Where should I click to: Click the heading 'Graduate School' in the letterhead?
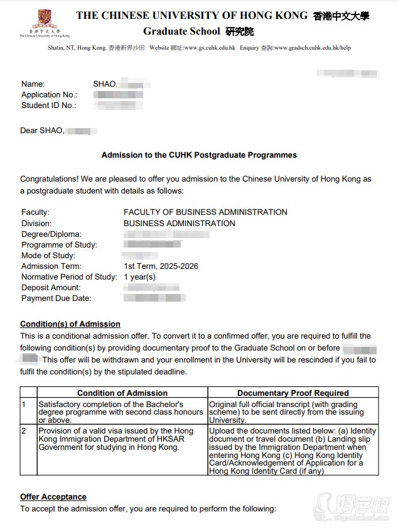(x=181, y=31)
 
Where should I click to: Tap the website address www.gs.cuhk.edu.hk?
(x=211, y=48)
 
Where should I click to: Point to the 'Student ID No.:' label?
(x=49, y=106)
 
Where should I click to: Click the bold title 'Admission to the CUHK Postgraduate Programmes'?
(x=199, y=155)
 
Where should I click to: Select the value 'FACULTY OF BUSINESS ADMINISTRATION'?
(x=205, y=212)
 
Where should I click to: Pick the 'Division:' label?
(x=36, y=223)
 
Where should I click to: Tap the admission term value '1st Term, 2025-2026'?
(x=161, y=266)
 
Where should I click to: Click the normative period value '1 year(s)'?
(x=139, y=277)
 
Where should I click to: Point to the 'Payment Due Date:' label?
(x=56, y=298)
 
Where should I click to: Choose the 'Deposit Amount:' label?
(x=51, y=288)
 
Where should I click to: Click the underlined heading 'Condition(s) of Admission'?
(x=70, y=324)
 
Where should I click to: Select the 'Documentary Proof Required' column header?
(x=293, y=393)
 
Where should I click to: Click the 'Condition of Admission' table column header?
(x=122, y=393)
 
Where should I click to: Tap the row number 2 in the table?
(x=24, y=431)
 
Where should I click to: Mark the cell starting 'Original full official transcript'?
(x=293, y=412)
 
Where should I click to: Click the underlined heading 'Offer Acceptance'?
(x=53, y=497)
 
